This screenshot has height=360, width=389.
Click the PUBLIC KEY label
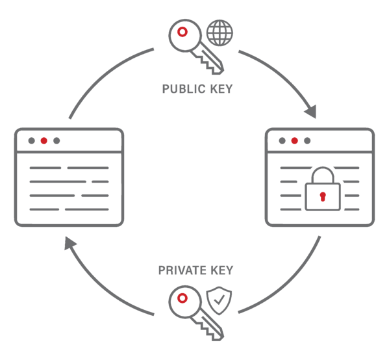(x=197, y=89)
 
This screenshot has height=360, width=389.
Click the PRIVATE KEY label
(x=196, y=269)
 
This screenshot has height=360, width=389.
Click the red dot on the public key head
(x=184, y=31)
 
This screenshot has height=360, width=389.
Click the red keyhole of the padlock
(x=323, y=197)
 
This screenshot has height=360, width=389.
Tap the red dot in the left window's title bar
(x=44, y=140)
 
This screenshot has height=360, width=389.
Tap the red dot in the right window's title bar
(x=295, y=140)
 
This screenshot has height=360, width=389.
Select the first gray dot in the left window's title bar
(x=31, y=140)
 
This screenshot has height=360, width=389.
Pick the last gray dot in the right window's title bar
(x=307, y=140)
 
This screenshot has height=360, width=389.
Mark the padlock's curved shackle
(x=323, y=174)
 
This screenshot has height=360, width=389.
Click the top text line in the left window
(x=68, y=168)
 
